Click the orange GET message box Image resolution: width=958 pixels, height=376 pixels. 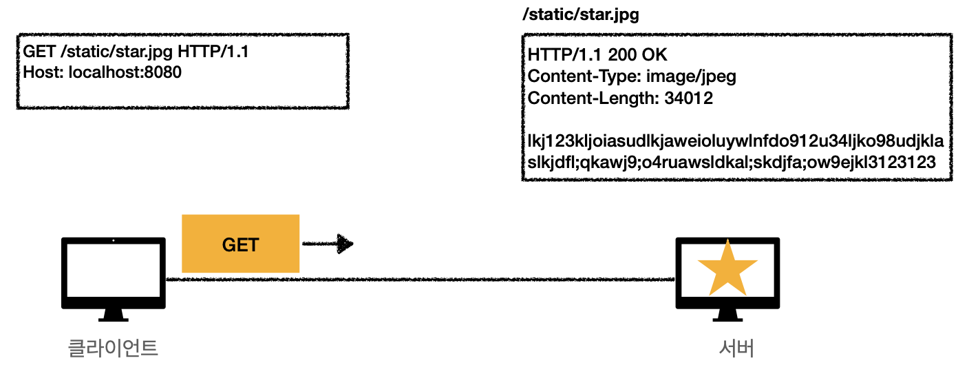[240, 244]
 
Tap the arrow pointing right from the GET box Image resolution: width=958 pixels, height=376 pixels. [328, 244]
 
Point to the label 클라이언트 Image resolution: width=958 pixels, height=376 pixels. [114, 348]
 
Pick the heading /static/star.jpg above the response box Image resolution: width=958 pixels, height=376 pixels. [581, 15]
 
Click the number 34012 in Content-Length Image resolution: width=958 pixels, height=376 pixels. [689, 98]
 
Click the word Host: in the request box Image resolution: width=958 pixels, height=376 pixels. [43, 72]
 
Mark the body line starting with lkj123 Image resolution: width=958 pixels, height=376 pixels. [734, 141]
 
